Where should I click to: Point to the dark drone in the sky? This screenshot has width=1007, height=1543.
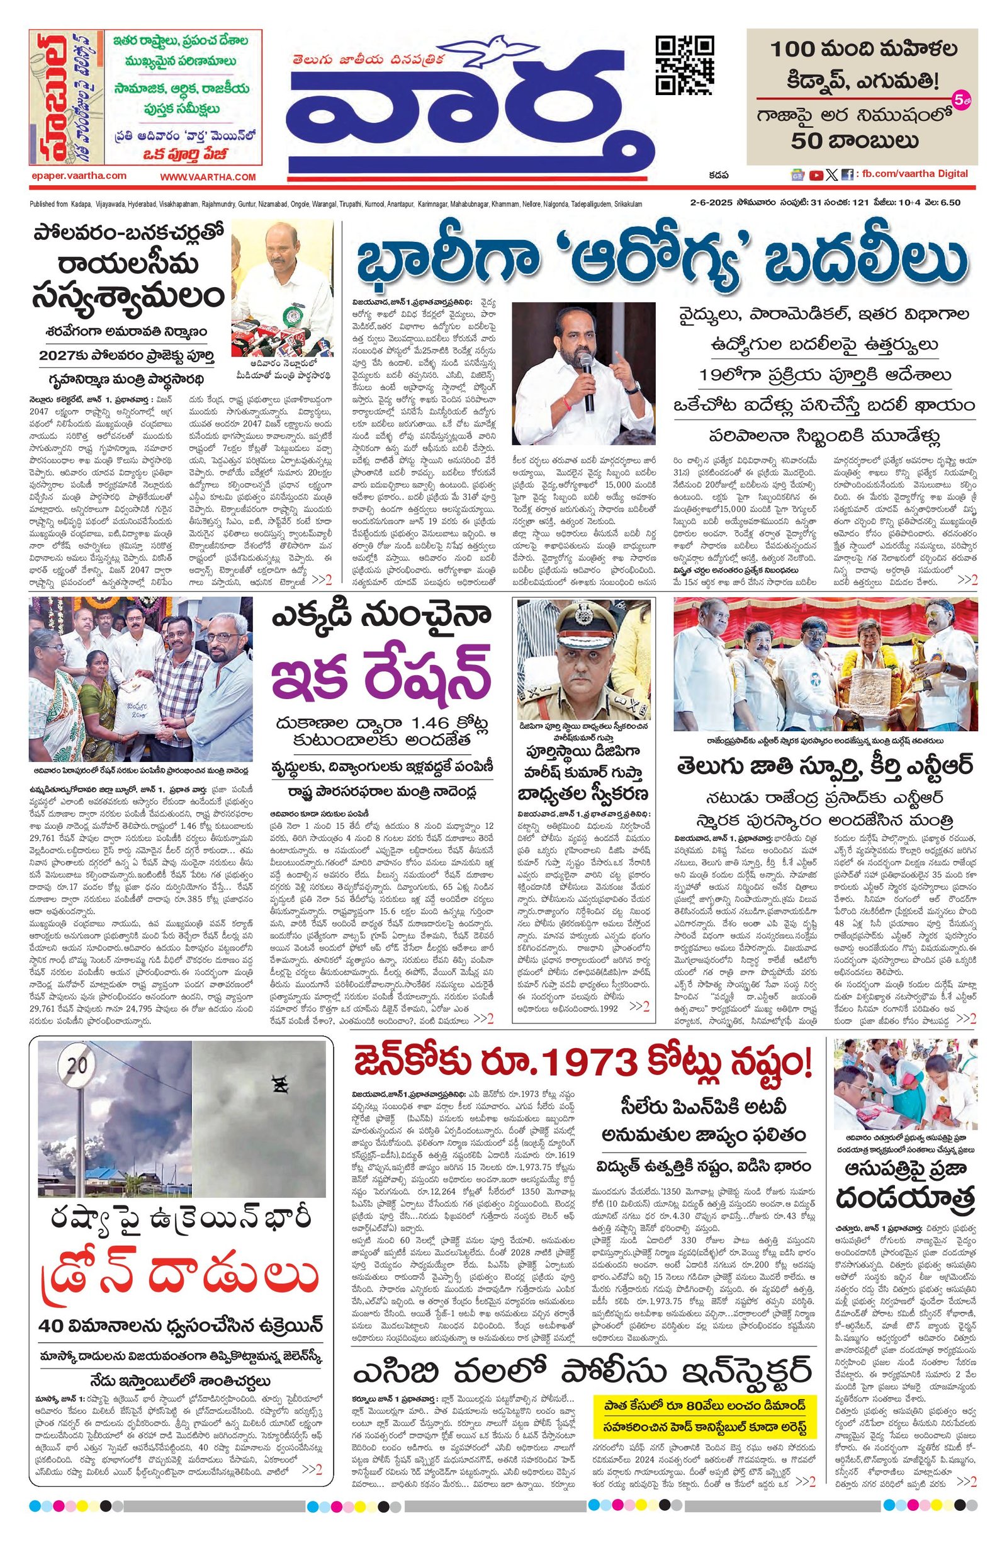point(281,1082)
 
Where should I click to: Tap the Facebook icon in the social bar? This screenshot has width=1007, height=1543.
point(847,174)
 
